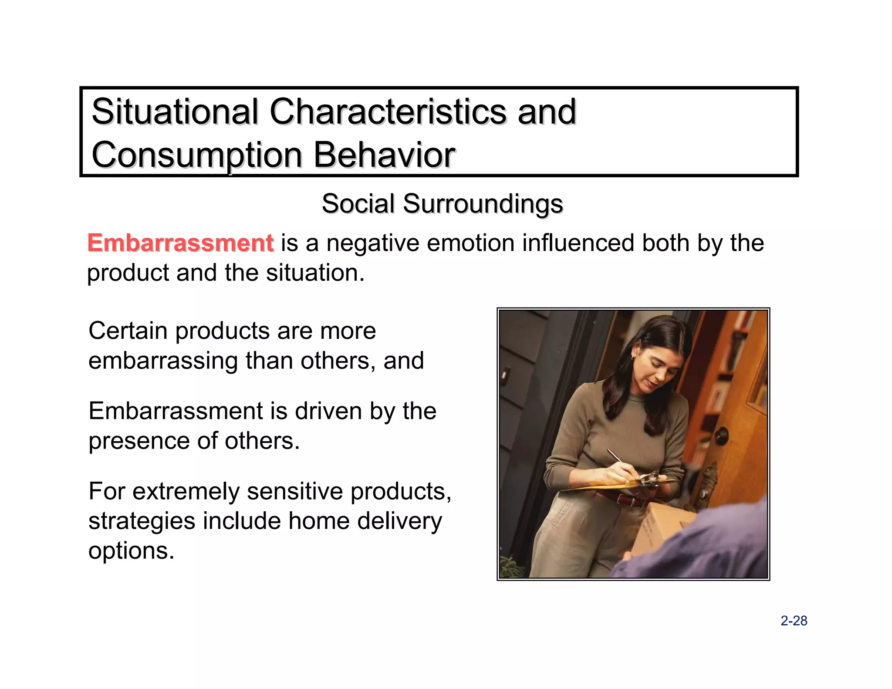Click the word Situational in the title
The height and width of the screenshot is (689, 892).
tap(175, 111)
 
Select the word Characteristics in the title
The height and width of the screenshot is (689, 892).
tap(388, 111)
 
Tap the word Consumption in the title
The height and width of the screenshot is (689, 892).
tap(197, 155)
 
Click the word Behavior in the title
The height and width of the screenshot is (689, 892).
tap(384, 155)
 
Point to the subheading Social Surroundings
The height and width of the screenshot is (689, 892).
tap(442, 203)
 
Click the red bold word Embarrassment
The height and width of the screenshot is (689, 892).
tap(180, 243)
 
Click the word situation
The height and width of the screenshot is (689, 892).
tap(315, 273)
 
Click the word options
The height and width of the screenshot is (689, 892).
tap(131, 551)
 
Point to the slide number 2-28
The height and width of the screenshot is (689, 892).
tap(794, 621)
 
